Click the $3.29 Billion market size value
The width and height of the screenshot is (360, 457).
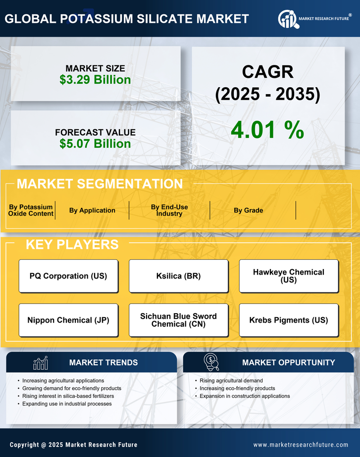tap(95, 80)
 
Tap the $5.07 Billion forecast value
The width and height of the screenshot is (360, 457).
tap(95, 144)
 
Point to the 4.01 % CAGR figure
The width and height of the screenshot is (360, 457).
tap(267, 130)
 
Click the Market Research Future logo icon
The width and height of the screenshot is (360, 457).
tap(287, 19)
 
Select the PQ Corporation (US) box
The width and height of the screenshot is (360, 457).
tap(68, 276)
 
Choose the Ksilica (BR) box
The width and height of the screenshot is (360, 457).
tap(179, 276)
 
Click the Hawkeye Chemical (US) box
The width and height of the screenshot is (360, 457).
tap(289, 276)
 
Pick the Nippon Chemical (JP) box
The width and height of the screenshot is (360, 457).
tap(68, 320)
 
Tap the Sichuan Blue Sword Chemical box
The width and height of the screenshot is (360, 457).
tap(179, 320)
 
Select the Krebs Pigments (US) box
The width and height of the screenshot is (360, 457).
tap(289, 320)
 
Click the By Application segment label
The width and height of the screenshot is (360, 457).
tap(92, 210)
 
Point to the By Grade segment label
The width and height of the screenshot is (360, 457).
tap(249, 210)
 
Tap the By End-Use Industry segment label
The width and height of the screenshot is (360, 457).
tap(169, 210)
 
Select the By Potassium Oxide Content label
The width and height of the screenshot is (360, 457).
tap(31, 210)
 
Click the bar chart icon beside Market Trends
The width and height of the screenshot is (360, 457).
tap(41, 363)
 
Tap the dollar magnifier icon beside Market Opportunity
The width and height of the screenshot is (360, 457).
tap(211, 362)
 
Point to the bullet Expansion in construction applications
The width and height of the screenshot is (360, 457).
tap(245, 396)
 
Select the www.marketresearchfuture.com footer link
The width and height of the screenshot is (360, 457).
tap(301, 445)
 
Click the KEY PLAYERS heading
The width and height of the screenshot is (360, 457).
tap(72, 244)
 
